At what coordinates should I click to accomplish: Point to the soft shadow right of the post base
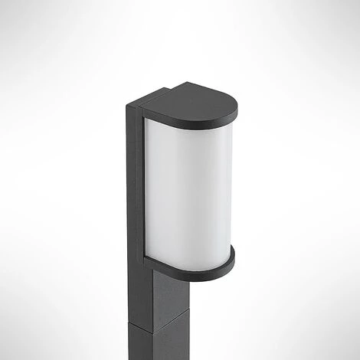click(230, 345)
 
